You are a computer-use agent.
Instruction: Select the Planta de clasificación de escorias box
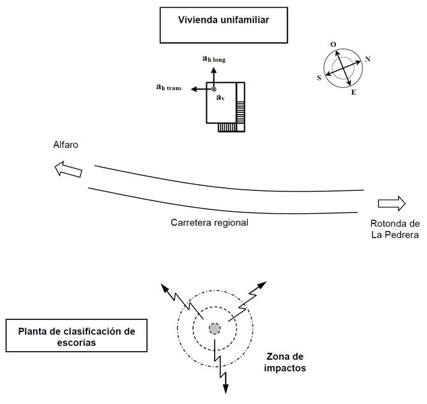coord(76,336)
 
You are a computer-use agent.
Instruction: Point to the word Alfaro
coord(65,145)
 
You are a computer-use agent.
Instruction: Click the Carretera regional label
coord(209,222)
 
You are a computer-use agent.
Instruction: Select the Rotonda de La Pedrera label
coord(394,229)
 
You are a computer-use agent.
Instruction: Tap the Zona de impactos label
coord(285,362)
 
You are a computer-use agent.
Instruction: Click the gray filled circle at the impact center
coord(215,328)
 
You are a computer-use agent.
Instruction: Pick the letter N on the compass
coord(368,59)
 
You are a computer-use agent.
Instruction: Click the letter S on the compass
coord(319,77)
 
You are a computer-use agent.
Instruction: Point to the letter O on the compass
coord(333,44)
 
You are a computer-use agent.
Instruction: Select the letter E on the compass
coord(353,93)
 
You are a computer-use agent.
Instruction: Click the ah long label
coord(213,59)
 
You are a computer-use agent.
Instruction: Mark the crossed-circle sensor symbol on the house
coord(214,89)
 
